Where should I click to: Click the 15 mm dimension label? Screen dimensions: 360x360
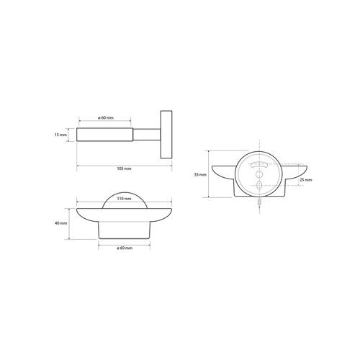click(60, 135)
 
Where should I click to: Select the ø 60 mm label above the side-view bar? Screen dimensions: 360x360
click(106, 118)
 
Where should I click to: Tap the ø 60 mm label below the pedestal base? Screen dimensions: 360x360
click(125, 248)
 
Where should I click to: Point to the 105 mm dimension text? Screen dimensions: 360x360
click(124, 168)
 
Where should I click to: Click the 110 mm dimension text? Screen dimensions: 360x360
click(124, 199)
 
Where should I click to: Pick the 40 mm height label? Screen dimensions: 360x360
click(61, 223)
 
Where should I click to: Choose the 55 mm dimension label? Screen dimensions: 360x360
click(200, 175)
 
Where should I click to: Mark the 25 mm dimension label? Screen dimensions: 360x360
click(306, 180)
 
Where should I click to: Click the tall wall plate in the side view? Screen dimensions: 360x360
click(166, 135)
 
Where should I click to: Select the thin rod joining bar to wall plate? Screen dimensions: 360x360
click(147, 135)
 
